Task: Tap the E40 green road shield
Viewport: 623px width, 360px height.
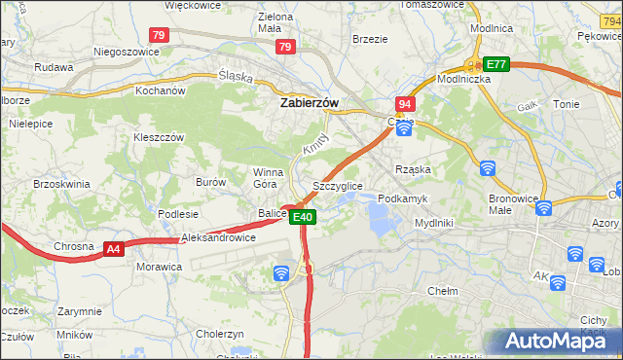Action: (x=303, y=217)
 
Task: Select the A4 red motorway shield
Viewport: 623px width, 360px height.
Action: (x=114, y=250)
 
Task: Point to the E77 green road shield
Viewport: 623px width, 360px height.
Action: (x=496, y=64)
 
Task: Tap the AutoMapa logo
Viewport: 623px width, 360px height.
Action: (x=554, y=342)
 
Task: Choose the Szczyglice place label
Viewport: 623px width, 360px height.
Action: (x=338, y=185)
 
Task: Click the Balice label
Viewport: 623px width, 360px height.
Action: (x=272, y=213)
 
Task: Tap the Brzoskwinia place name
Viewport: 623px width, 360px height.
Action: (x=61, y=183)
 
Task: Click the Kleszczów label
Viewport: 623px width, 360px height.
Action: (x=159, y=137)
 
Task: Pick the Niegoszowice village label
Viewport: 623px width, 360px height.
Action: (x=126, y=52)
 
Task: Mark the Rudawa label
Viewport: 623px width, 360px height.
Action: (x=54, y=67)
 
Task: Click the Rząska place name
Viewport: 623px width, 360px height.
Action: (x=413, y=168)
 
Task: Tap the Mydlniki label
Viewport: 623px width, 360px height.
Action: (x=434, y=222)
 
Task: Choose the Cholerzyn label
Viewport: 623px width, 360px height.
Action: (x=221, y=333)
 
